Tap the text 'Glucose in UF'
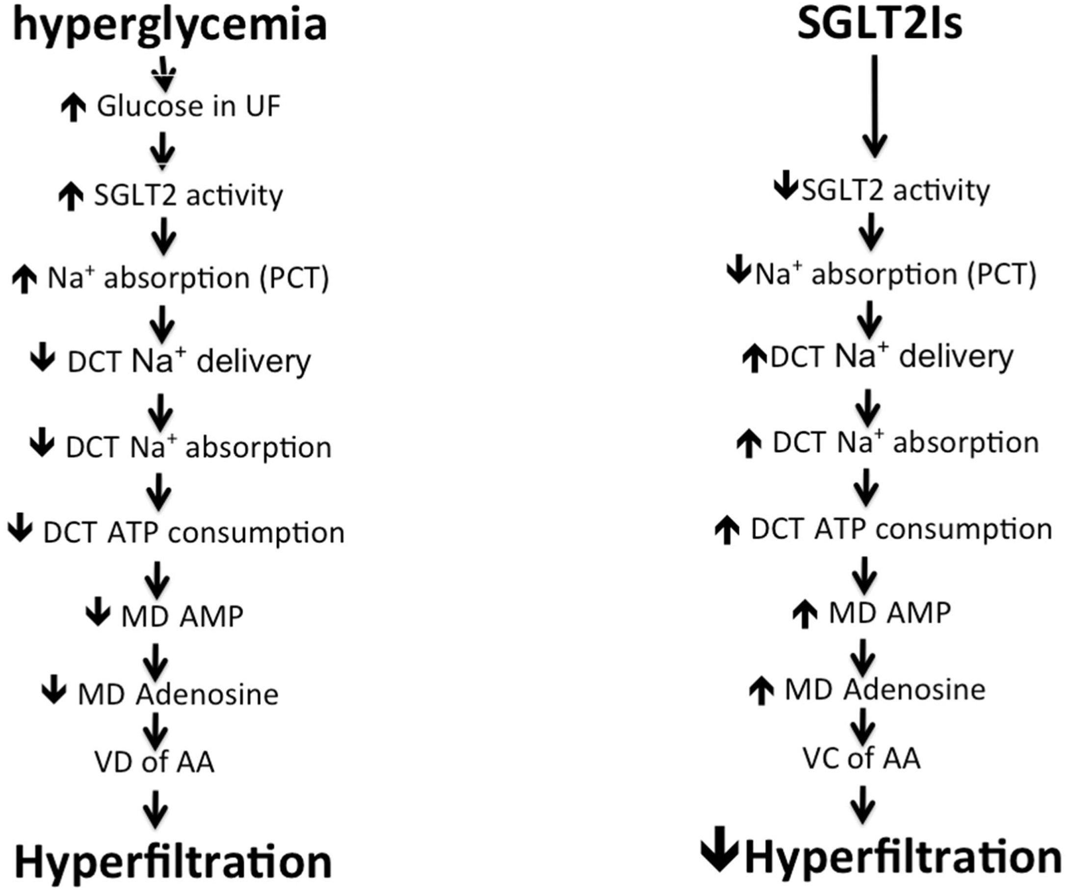point(188,107)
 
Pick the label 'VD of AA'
point(154,762)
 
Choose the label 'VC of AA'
point(862,759)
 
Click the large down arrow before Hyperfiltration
point(720,856)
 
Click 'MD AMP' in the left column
point(182,617)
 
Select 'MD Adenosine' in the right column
point(885,690)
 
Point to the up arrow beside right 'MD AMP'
point(805,614)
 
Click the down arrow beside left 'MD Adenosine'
point(53,691)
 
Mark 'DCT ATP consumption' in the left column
point(194,533)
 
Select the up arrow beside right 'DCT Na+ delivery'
point(755,359)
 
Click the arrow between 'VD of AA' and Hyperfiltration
point(156,809)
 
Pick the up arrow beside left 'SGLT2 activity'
point(72,197)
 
